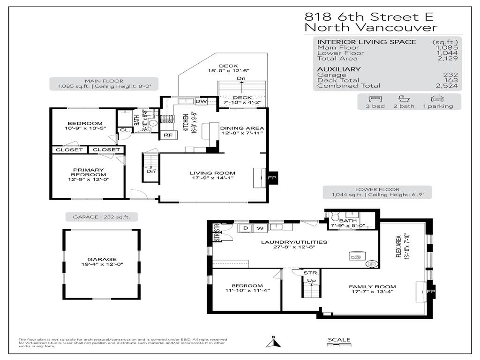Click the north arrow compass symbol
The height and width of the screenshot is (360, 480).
(274, 342)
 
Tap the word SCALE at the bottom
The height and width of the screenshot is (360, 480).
(338, 339)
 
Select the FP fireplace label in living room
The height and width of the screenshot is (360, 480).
(271, 178)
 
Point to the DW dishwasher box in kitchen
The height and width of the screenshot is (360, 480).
(201, 101)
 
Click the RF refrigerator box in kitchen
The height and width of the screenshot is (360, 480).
(167, 135)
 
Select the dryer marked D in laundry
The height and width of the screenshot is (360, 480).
(245, 228)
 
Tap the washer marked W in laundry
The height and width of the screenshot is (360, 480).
(260, 228)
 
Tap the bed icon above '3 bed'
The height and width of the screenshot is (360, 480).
(375, 99)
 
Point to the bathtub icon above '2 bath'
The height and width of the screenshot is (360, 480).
(402, 99)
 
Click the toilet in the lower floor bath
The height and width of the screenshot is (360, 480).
(335, 217)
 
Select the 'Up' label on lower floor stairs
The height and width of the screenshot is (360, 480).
(310, 280)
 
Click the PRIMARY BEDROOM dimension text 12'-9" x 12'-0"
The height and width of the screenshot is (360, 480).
(88, 179)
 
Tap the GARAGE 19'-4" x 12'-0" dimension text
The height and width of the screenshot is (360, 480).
(101, 264)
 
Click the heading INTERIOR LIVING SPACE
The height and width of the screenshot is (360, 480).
(367, 42)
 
